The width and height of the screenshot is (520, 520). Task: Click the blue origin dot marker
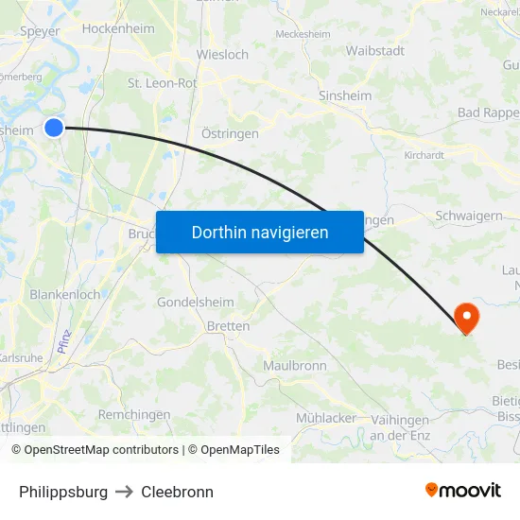[54, 127]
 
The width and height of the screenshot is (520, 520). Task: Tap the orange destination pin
[466, 317]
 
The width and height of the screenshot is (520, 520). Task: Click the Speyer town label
[40, 30]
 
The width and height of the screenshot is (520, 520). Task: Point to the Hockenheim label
[118, 28]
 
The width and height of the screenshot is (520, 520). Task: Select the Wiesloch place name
[222, 55]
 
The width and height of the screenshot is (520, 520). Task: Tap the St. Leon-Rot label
[162, 83]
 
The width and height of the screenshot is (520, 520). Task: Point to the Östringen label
[230, 134]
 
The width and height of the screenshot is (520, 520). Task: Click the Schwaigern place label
[469, 216]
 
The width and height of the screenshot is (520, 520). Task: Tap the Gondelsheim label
[195, 303]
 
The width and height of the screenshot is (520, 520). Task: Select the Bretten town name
[228, 326]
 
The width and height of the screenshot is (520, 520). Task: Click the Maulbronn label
[295, 366]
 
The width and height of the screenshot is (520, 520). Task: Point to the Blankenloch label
[65, 294]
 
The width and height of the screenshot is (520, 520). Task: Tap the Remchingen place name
[134, 414]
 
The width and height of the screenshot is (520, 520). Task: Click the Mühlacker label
[326, 418]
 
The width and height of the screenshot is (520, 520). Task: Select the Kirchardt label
[424, 154]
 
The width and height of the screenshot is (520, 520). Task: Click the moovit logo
[463, 490]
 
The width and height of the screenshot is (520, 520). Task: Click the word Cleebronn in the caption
[177, 492]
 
